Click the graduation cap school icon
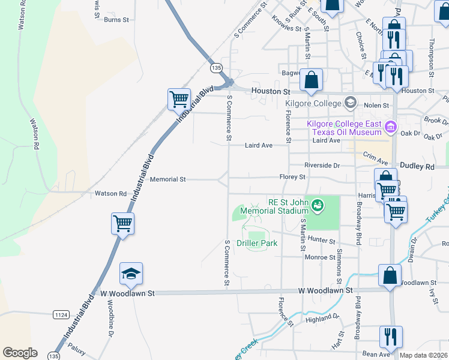pos(131,274)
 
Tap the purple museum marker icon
pos(391,127)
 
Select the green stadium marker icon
pos(318,206)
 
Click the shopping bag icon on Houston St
pos(312,80)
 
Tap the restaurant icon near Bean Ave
pos(390,338)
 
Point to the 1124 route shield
pos(60,314)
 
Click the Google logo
pos(20,353)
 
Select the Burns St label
pos(116,20)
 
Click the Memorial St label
pos(168,179)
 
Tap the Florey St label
pos(292,177)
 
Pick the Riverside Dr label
pos(322,165)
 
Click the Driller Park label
pos(257,243)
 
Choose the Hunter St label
pos(321,240)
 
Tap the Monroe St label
pos(319,256)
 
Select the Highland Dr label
pos(322,319)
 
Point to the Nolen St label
pos(376,105)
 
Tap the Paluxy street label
pos(76,347)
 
